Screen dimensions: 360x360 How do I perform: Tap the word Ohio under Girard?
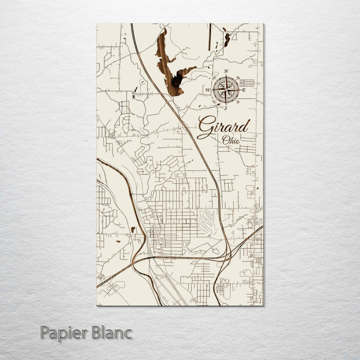[x=231, y=140]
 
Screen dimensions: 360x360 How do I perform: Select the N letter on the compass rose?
[x=226, y=71]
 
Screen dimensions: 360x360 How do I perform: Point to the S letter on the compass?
[x=226, y=108]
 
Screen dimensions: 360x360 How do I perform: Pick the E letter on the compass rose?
[x=243, y=90]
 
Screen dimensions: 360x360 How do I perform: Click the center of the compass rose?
[x=226, y=90]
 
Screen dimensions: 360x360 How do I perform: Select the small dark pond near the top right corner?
[x=227, y=39]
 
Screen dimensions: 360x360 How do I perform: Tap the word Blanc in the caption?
[x=111, y=332]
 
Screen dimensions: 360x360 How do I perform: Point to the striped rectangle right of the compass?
[x=247, y=82]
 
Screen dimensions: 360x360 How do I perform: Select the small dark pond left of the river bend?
[x=132, y=229]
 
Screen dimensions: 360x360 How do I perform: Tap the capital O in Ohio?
[x=225, y=140]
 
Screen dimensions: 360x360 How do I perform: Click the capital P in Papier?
[x=44, y=332]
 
